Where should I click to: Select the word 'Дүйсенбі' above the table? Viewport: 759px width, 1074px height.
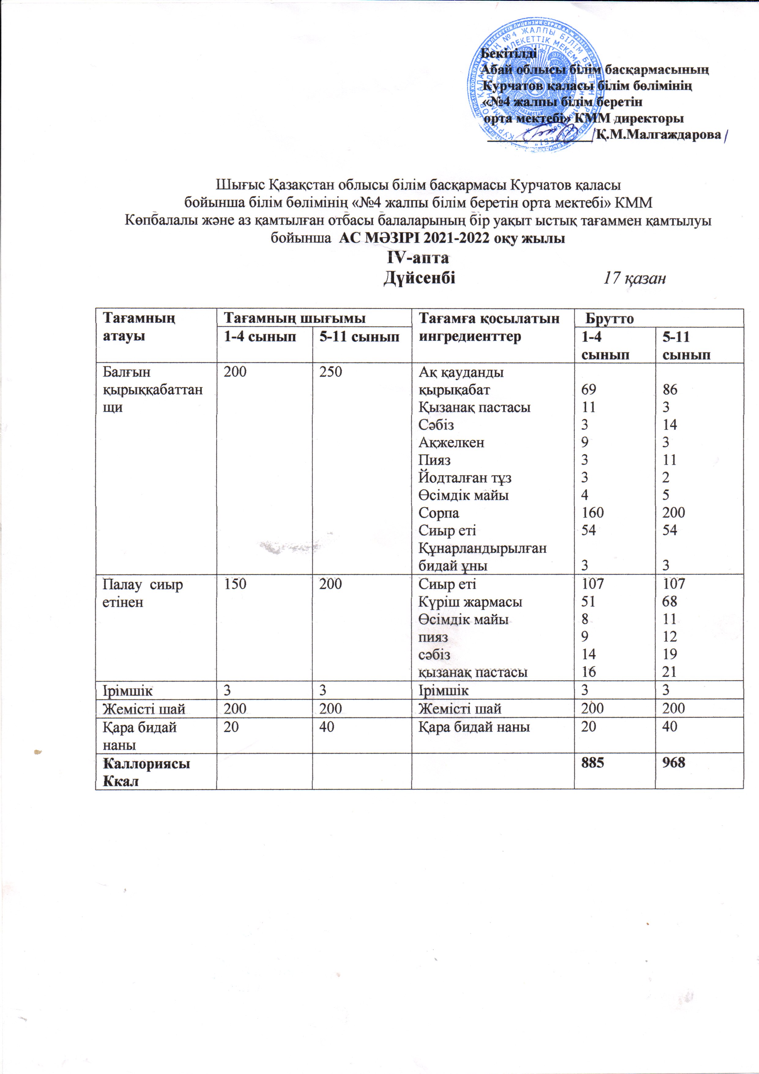(419, 278)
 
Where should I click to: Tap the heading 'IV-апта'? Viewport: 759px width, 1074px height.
(418, 258)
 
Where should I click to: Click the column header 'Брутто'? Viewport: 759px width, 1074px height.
(609, 319)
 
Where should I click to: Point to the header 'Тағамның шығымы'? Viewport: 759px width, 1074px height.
(295, 319)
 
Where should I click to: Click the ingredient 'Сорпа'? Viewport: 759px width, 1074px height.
(439, 513)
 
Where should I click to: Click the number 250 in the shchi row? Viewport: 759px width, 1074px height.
(331, 372)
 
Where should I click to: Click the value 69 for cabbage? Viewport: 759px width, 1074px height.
(588, 390)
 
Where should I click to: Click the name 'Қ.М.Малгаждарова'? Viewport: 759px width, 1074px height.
(659, 135)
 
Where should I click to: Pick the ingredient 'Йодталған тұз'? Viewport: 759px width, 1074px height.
(465, 477)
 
